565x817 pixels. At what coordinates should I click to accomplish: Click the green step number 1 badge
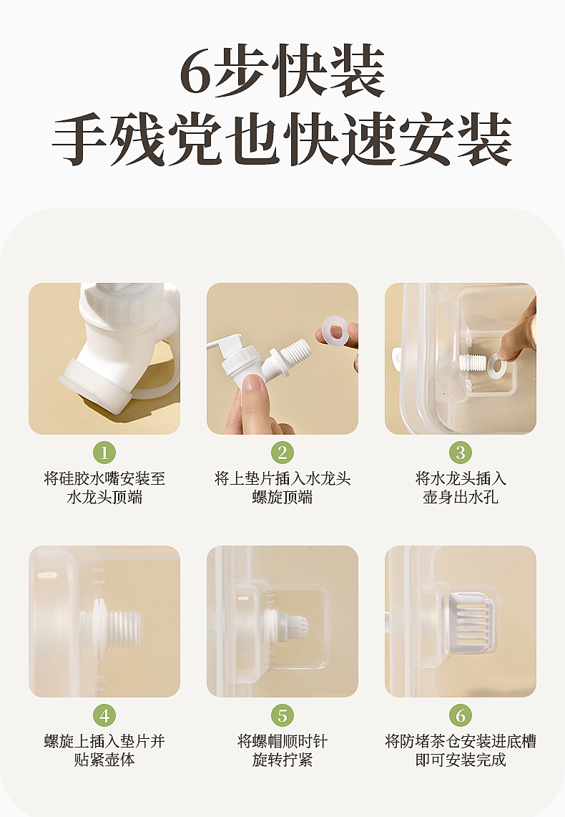104,453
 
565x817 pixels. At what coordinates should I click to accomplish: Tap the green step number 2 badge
282,453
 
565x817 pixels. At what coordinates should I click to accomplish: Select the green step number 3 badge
461,453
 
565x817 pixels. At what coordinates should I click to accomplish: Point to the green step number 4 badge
104,715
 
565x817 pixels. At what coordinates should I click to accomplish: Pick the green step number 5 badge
282,715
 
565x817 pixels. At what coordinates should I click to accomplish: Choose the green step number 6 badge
461,715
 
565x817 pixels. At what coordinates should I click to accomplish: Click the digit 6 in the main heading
196,73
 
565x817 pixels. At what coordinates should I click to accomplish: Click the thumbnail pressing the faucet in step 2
254,385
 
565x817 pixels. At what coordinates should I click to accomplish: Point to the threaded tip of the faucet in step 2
298,349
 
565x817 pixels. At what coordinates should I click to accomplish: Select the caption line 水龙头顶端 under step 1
104,497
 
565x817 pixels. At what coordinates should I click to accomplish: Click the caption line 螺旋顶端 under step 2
282,497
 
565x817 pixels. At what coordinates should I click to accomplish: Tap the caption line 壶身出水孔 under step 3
461,497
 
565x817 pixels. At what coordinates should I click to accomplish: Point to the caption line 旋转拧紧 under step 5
282,760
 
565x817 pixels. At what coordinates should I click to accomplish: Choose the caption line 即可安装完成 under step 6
461,760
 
